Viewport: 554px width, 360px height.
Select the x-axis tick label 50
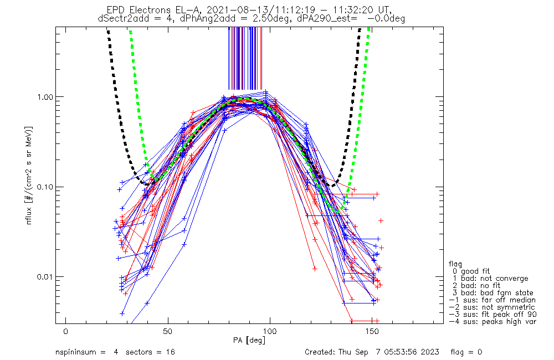tap(168, 331)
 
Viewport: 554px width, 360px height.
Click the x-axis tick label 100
tap(270, 331)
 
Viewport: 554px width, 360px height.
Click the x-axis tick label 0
tap(66, 331)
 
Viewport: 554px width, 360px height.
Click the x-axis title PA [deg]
tap(251, 339)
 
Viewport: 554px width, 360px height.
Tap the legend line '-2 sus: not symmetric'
tap(492, 307)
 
